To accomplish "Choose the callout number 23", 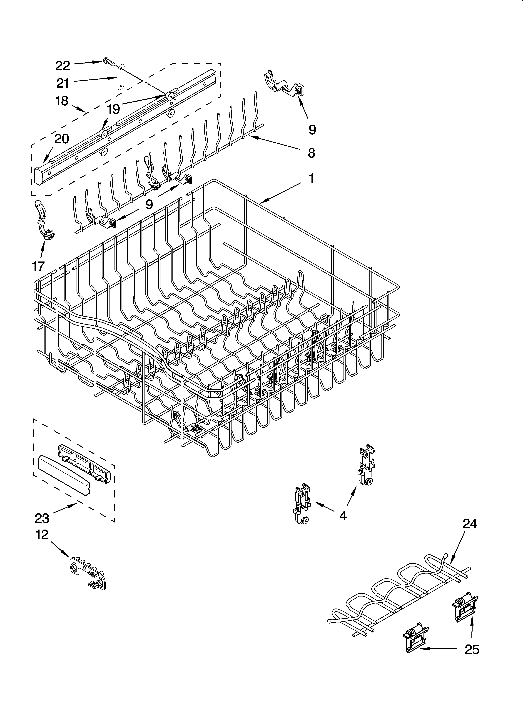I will point(42,519).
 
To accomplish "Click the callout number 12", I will point(42,543).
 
